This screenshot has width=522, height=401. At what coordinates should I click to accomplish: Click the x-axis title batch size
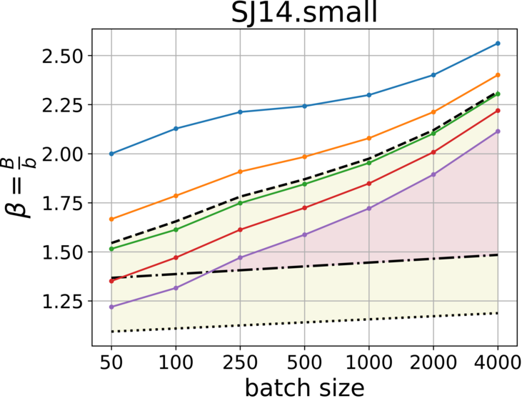coord(305,387)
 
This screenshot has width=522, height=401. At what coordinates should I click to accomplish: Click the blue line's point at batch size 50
coord(111,154)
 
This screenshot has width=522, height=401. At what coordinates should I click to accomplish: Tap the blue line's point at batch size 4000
coord(498,44)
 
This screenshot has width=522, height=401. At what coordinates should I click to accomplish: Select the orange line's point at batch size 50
coord(111,219)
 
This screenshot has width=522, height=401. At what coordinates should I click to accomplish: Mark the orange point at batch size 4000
coord(498,75)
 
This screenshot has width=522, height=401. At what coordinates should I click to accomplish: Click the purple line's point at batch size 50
coord(111,307)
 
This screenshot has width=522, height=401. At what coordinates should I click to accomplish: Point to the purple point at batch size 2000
coord(433,174)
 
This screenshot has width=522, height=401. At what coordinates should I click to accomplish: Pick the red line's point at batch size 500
coord(305,207)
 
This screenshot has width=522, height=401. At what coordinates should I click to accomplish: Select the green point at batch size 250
coord(241,203)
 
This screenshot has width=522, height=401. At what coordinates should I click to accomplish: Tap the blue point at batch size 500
coord(305,106)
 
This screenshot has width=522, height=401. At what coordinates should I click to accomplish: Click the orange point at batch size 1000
coord(369,138)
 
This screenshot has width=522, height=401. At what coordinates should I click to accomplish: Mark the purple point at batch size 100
coord(176,288)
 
